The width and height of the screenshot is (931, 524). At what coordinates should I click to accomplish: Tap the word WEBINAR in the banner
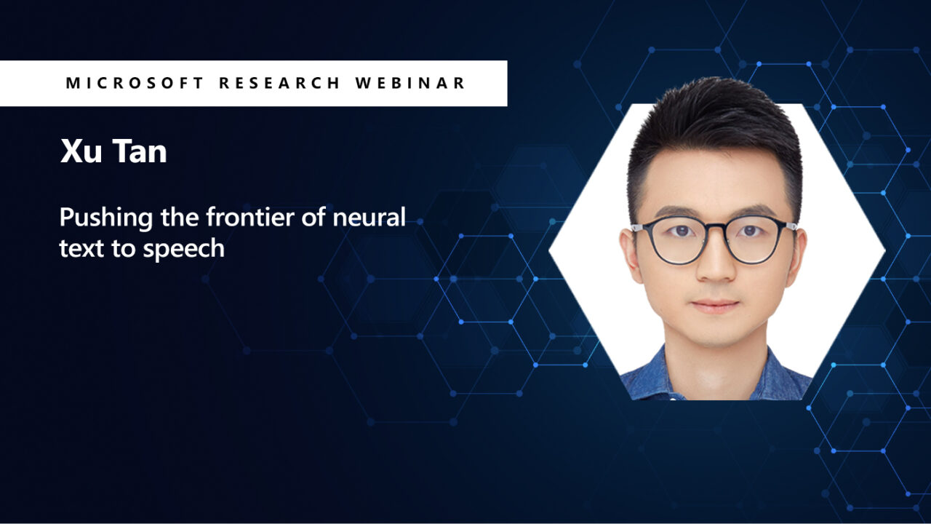click(x=410, y=83)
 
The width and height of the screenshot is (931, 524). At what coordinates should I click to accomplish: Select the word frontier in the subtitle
click(x=257, y=217)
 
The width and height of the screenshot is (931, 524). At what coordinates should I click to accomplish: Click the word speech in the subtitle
click(x=184, y=250)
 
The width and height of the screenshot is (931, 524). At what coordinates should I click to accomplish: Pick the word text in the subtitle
click(x=76, y=249)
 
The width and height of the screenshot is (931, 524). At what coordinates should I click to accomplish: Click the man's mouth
click(x=715, y=305)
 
